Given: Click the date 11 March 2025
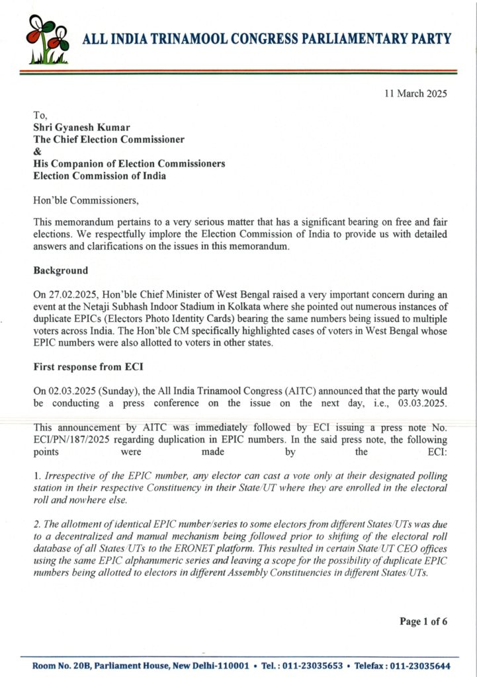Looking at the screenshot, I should [415, 94].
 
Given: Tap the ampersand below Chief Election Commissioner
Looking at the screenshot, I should [37, 151].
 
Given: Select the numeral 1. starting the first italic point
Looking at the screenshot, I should [36, 477].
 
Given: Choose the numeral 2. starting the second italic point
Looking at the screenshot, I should [36, 525].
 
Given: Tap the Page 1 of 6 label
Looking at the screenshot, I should [423, 621].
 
